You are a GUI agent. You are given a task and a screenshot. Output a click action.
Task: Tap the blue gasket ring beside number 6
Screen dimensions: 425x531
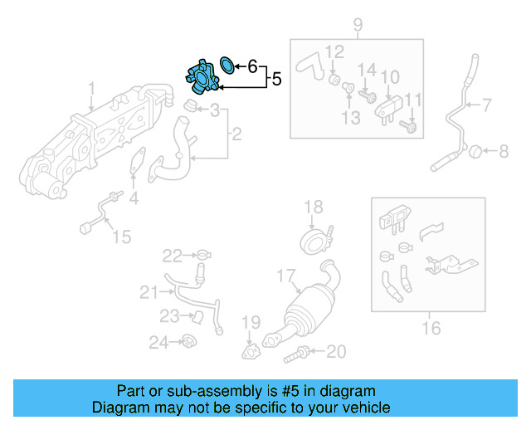pos(227,65)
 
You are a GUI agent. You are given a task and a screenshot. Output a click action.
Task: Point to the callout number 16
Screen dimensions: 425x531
pos(431,328)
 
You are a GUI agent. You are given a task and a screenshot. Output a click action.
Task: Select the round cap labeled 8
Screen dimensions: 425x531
pos(475,151)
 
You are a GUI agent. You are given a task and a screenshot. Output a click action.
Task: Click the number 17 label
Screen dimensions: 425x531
pos(285,275)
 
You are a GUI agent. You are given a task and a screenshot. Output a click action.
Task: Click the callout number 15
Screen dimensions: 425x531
pos(121,237)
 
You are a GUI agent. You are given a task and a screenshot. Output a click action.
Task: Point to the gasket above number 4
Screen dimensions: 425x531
pos(133,166)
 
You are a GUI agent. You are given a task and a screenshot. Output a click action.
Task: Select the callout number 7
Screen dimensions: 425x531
pos(488,105)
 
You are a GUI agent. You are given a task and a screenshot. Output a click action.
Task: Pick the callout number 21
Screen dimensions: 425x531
pos(149,291)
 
